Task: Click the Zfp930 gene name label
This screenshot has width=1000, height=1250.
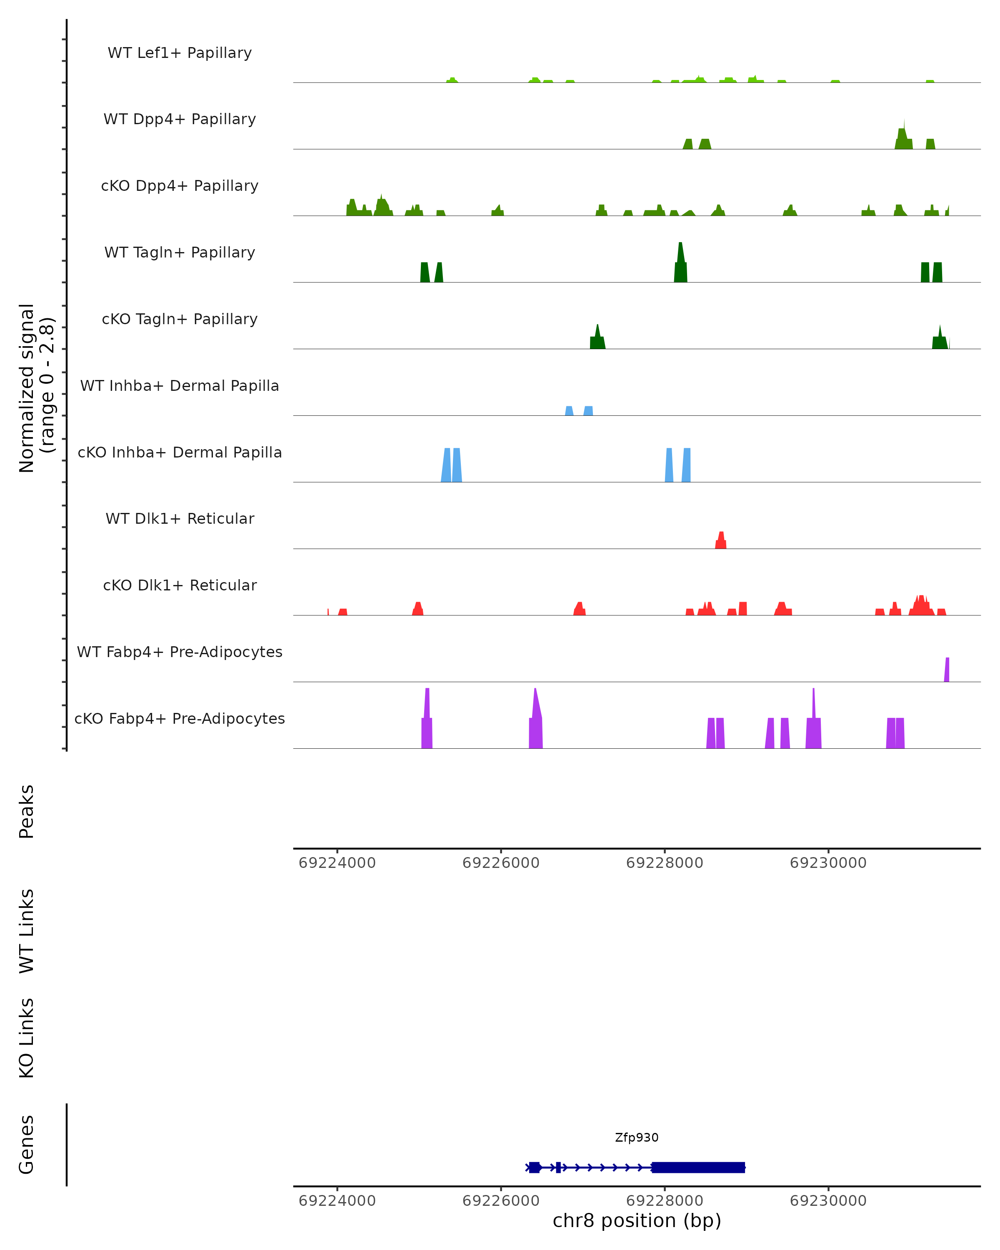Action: click(637, 1137)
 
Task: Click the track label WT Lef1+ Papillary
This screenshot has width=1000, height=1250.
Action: click(180, 53)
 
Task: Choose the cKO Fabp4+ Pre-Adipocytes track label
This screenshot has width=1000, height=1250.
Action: click(180, 718)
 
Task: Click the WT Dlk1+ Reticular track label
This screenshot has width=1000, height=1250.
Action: click(180, 518)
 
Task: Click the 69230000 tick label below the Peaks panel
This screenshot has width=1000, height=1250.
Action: click(828, 863)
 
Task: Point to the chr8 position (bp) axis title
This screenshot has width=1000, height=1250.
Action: click(637, 1221)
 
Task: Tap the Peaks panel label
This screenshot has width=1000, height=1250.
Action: click(26, 811)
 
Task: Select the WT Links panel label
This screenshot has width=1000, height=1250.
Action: click(26, 930)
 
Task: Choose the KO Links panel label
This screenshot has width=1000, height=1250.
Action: click(26, 1038)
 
